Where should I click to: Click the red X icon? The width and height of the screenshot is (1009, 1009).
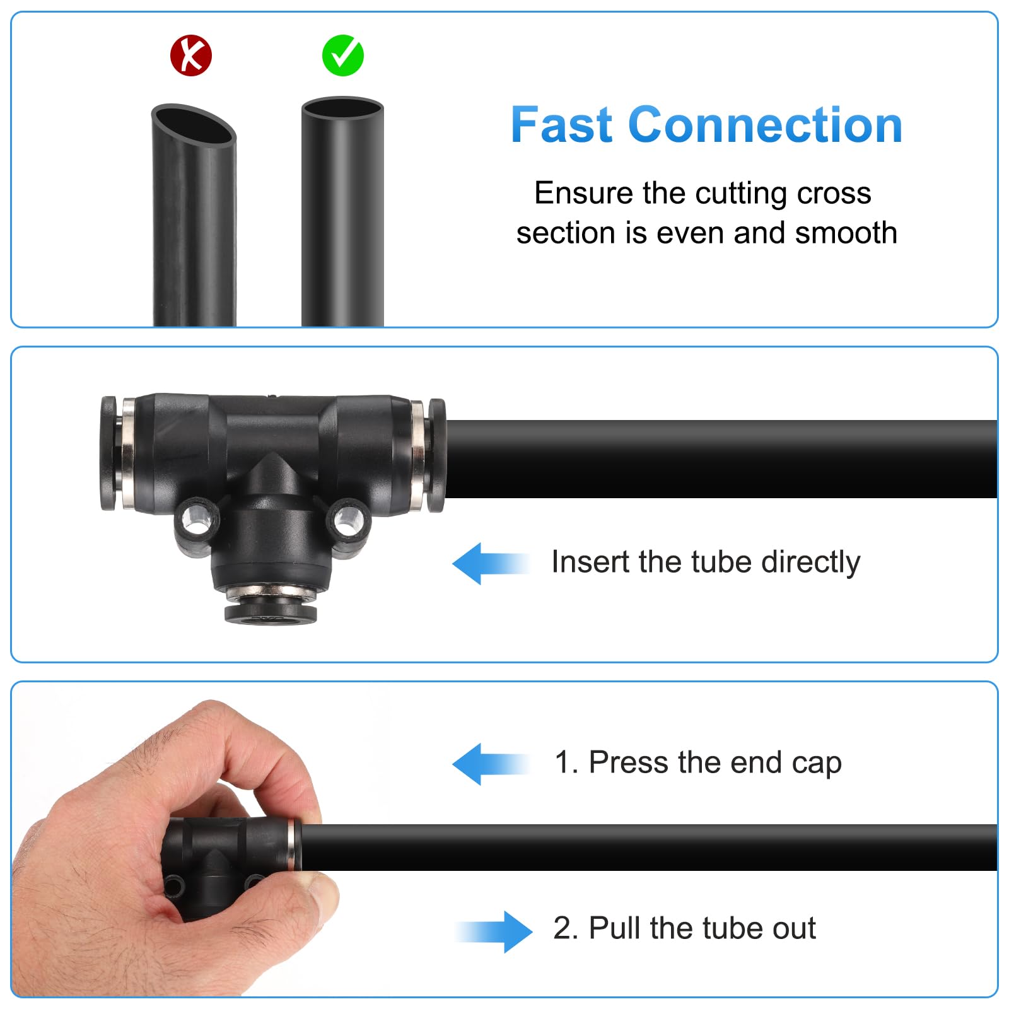tap(191, 55)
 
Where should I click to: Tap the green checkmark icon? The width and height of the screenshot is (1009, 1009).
tap(343, 55)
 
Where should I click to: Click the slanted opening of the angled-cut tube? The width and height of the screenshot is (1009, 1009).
tap(194, 125)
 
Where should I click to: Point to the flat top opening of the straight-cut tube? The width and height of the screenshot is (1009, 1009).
tap(342, 108)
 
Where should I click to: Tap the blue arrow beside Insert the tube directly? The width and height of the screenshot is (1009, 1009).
tap(491, 563)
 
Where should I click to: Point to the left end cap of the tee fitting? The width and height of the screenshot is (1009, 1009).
tap(108, 453)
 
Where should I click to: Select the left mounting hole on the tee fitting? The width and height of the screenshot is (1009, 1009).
tap(196, 518)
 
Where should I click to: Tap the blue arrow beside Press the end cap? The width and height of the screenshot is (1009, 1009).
tap(491, 764)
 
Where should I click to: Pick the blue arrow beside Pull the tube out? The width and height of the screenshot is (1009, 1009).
tap(494, 931)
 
